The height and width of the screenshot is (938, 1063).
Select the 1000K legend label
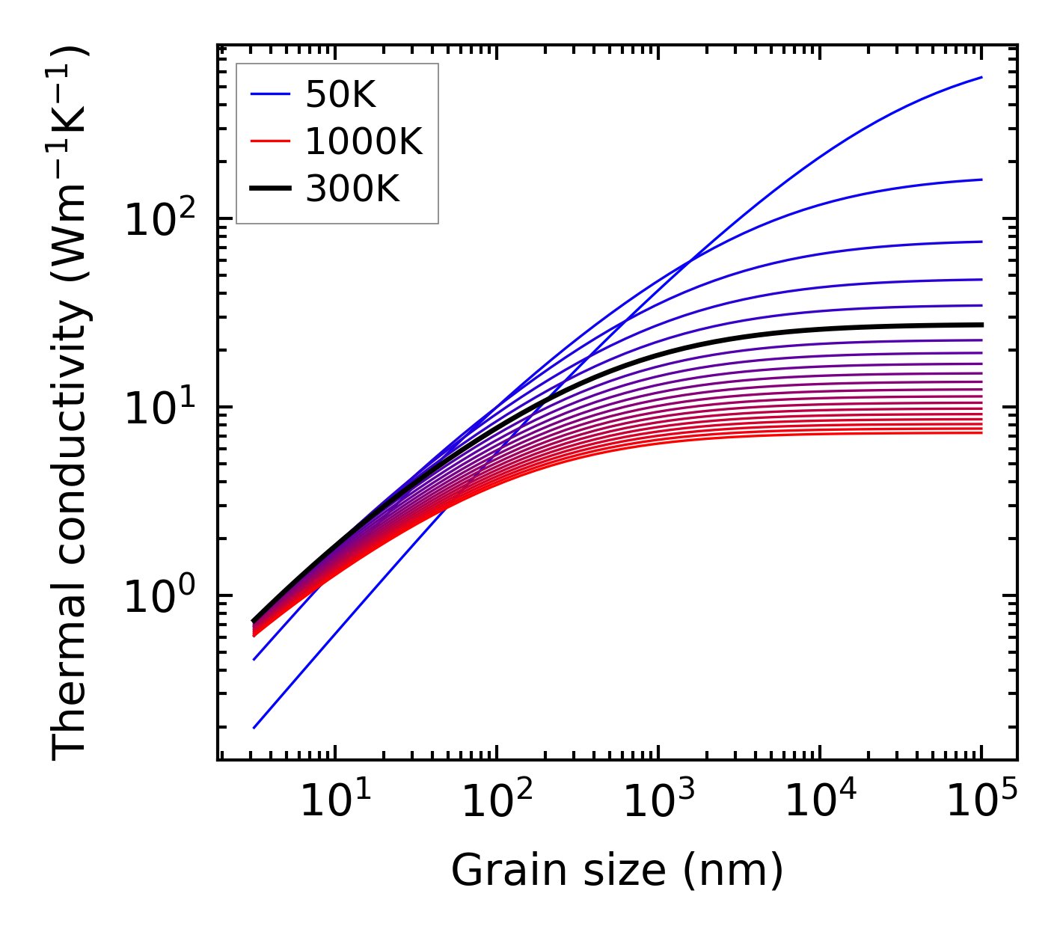pyautogui.click(x=364, y=141)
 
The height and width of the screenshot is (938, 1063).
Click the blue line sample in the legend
pyautogui.click(x=270, y=94)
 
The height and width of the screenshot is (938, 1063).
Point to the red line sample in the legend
pyautogui.click(x=270, y=141)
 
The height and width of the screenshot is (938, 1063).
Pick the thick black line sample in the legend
pyautogui.click(x=270, y=189)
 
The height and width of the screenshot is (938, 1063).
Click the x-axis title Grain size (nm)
pyautogui.click(x=617, y=870)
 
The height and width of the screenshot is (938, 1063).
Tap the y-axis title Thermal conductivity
pyautogui.click(x=71, y=402)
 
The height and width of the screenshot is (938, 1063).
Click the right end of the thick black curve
pyautogui.click(x=981, y=325)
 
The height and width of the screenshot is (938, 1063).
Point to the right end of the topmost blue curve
pyautogui.click(x=981, y=77)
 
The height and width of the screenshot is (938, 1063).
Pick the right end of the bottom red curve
pyautogui.click(x=981, y=432)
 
